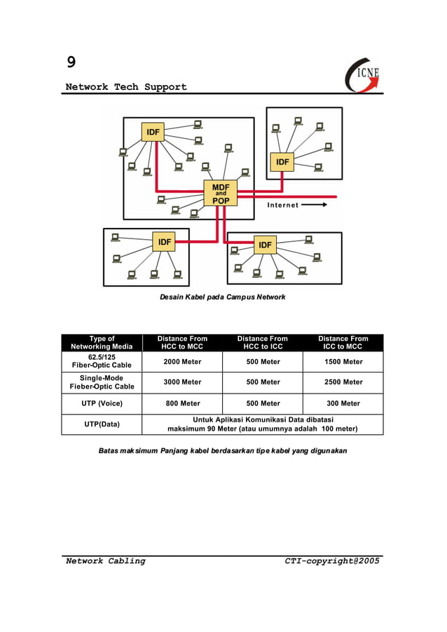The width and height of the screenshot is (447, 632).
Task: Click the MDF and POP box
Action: pos(221,192)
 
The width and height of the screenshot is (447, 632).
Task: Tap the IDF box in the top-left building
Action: pos(153,132)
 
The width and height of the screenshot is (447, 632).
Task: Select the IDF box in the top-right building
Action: pos(282,161)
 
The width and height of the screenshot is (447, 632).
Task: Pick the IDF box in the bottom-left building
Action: pos(164,242)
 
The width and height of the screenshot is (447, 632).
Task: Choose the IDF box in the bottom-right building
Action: pos(265,245)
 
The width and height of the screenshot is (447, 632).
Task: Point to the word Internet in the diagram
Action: pos(282,205)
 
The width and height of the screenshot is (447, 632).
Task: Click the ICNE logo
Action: pos(363,74)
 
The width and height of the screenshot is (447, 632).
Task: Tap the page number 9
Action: pos(71,62)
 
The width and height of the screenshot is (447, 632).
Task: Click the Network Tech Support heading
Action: pos(126,87)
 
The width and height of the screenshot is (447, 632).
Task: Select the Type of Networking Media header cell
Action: pos(102,342)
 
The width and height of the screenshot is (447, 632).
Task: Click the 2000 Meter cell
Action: pos(182,362)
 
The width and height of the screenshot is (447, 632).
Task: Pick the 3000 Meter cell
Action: pos(182,382)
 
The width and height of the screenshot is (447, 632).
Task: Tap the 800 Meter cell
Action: pos(182,403)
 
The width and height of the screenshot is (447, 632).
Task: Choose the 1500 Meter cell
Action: pos(343,362)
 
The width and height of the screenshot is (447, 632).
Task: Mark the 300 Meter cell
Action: pos(343,403)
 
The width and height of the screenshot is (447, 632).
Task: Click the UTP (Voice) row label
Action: pos(102,403)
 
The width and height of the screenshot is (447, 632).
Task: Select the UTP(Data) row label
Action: pos(102,424)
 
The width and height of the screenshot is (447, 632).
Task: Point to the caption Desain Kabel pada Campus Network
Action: pos(222,297)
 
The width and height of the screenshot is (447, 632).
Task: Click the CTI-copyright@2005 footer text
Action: pos(331,560)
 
